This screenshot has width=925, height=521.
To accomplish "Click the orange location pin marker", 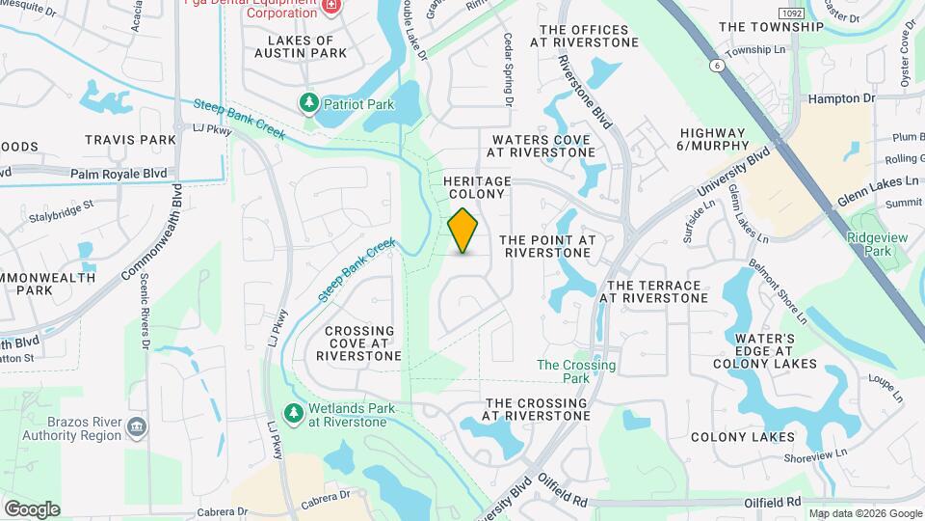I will [463, 230].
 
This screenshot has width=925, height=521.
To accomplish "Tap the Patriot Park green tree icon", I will [308, 102].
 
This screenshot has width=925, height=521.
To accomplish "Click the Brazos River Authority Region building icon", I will [136, 426].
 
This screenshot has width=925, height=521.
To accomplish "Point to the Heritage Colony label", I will [476, 187].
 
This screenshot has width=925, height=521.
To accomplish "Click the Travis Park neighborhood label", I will [130, 140].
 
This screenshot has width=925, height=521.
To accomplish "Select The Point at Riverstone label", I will [548, 246].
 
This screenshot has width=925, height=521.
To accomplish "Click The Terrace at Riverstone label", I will [654, 291].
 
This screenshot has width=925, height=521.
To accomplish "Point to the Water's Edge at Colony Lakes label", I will [764, 351].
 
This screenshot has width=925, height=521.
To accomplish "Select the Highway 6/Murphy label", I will [713, 139].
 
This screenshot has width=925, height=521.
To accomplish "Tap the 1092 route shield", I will [792, 13].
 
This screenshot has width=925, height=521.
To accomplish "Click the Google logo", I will [32, 509].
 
